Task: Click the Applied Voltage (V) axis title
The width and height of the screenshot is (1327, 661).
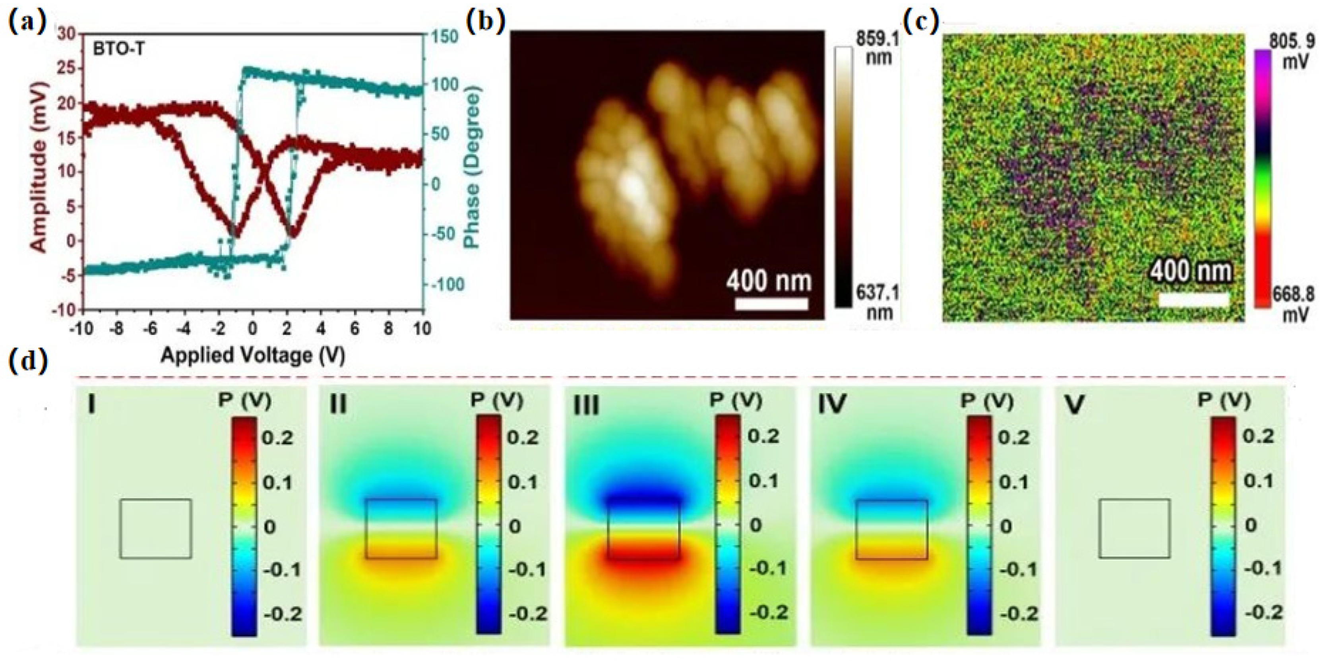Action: [x=252, y=355]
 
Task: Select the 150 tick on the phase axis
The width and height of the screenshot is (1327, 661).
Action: [x=444, y=37]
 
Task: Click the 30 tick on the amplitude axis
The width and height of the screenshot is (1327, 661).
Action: [x=68, y=35]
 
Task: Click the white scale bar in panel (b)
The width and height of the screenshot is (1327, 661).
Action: [x=771, y=304]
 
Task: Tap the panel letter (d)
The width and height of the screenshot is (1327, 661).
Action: [x=28, y=361]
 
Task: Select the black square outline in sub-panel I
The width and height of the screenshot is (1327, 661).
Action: [x=155, y=529]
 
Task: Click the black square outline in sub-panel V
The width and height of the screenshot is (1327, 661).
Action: [x=1134, y=529]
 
